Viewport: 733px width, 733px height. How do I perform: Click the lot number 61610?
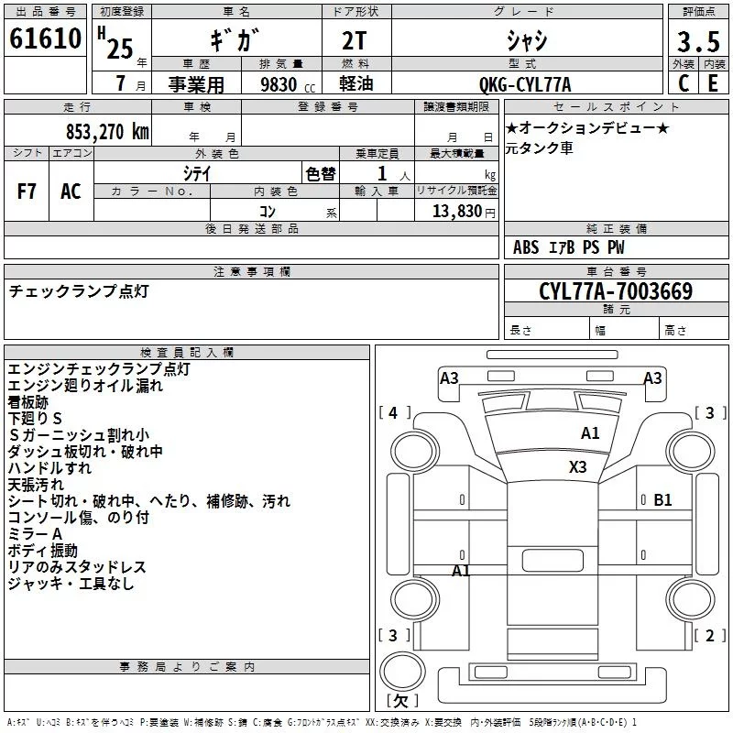click(x=45, y=38)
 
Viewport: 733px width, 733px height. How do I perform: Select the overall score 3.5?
click(x=698, y=42)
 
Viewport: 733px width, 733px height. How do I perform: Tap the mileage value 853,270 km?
click(x=107, y=132)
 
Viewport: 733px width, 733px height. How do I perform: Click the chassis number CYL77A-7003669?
click(x=616, y=291)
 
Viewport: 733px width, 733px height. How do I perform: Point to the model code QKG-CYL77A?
click(x=525, y=84)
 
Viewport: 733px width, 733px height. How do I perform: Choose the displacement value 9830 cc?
click(x=288, y=84)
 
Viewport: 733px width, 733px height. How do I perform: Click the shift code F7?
click(x=27, y=191)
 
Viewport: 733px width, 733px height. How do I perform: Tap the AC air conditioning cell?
click(x=71, y=191)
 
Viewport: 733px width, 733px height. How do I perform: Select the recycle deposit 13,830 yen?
click(x=464, y=212)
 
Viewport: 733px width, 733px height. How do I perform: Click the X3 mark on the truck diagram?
click(x=577, y=467)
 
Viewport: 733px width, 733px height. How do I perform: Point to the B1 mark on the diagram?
click(x=662, y=500)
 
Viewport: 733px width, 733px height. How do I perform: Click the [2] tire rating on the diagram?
click(x=709, y=635)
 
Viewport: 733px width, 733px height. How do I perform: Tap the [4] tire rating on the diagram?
click(x=394, y=413)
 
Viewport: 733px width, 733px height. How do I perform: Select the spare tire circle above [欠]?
click(x=402, y=672)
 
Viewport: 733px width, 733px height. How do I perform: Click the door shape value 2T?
click(x=354, y=41)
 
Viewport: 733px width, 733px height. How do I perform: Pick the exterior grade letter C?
click(x=683, y=83)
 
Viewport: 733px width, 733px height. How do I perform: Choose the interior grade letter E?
click(x=713, y=83)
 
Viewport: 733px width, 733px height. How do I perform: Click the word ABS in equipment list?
click(x=526, y=247)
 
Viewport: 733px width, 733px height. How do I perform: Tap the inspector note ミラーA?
click(x=35, y=534)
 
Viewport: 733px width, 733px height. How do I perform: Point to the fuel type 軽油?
click(x=356, y=83)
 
